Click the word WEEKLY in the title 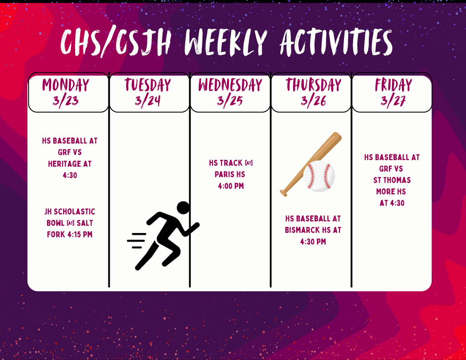(x=226, y=42)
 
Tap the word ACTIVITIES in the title (x=336, y=42)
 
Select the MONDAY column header (x=66, y=85)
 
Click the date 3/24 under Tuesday (x=148, y=101)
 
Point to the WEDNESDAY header (x=230, y=85)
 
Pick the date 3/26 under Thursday (x=313, y=101)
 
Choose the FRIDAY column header (x=394, y=85)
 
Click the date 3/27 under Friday (x=394, y=101)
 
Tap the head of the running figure (x=183, y=208)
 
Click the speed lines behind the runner (x=137, y=240)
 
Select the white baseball (x=319, y=176)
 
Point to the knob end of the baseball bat (x=284, y=193)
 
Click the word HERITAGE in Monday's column (x=70, y=164)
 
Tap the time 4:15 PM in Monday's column (x=80, y=234)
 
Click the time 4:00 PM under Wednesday (x=231, y=186)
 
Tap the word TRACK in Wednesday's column (x=232, y=163)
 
